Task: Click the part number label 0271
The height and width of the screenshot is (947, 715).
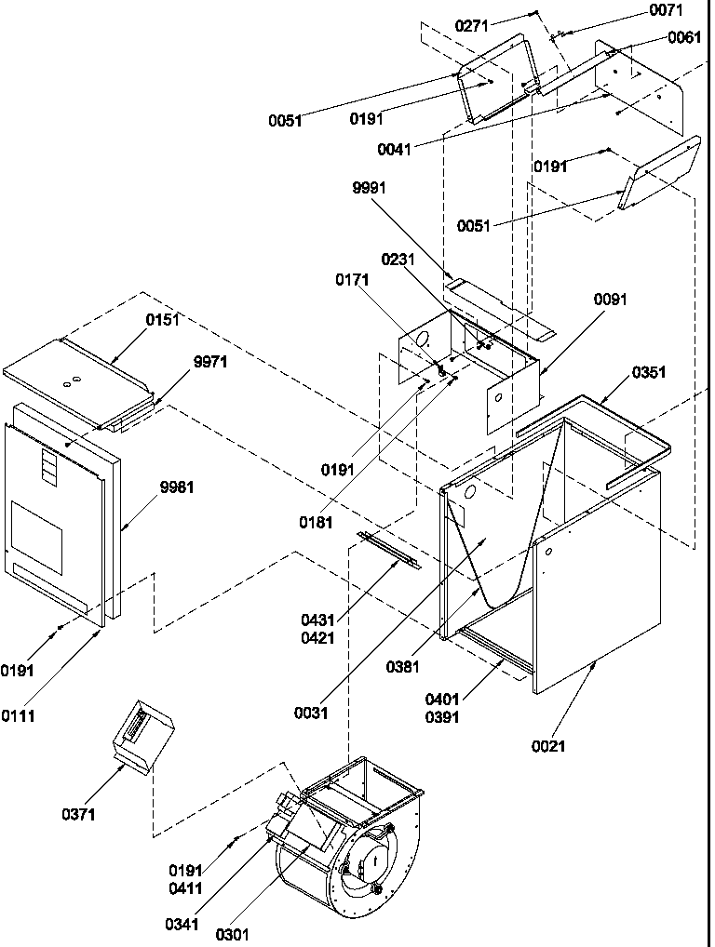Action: coord(472,26)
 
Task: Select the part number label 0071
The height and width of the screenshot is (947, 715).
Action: coord(665,11)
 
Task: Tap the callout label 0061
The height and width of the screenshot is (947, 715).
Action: coord(684,37)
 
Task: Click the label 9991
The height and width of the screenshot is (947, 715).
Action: coord(370,188)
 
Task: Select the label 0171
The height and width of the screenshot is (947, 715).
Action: coord(353,279)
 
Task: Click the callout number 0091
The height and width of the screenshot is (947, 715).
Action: coord(611,300)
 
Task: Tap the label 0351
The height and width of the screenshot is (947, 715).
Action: coord(649,372)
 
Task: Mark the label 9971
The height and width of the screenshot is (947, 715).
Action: coord(210,362)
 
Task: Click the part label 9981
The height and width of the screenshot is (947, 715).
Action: coord(177,487)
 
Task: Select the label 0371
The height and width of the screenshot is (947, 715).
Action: coord(78,816)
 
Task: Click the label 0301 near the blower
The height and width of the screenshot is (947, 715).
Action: coord(234,934)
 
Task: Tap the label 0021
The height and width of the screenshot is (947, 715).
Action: coord(548,745)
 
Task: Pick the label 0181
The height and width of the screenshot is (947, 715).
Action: coord(316,523)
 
